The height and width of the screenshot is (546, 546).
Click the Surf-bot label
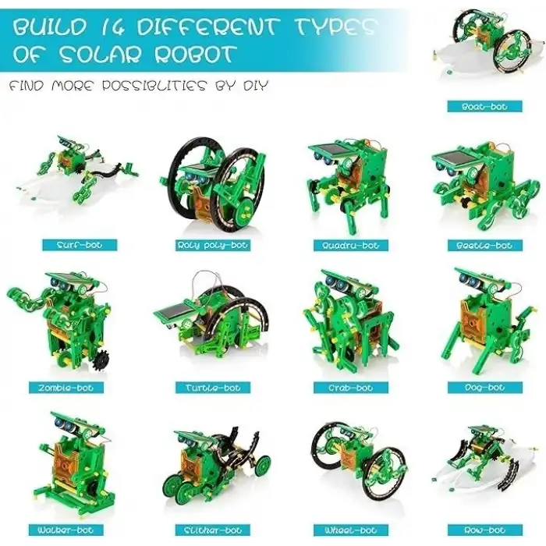click(x=80, y=245)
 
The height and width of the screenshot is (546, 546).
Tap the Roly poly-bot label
click(x=212, y=245)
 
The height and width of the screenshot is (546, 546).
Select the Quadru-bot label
click(x=351, y=245)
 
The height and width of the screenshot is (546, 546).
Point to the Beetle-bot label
click(x=484, y=245)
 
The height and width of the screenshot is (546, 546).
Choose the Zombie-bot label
click(x=66, y=388)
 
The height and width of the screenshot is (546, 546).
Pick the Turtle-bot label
click(x=212, y=388)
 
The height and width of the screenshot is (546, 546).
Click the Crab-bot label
click(x=351, y=388)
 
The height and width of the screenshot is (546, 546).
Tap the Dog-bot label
click(x=484, y=388)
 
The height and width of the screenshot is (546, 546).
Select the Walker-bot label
click(x=66, y=530)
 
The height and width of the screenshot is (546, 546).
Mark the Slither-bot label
click(x=212, y=530)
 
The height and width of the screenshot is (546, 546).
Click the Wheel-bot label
click(x=351, y=530)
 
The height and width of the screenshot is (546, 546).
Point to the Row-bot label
click(x=484, y=530)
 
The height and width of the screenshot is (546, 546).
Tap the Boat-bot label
click(x=484, y=107)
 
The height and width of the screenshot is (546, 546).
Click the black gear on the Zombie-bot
click(x=101, y=361)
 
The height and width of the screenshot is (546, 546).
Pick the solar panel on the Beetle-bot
click(x=454, y=158)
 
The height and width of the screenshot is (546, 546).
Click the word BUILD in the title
click(x=49, y=27)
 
